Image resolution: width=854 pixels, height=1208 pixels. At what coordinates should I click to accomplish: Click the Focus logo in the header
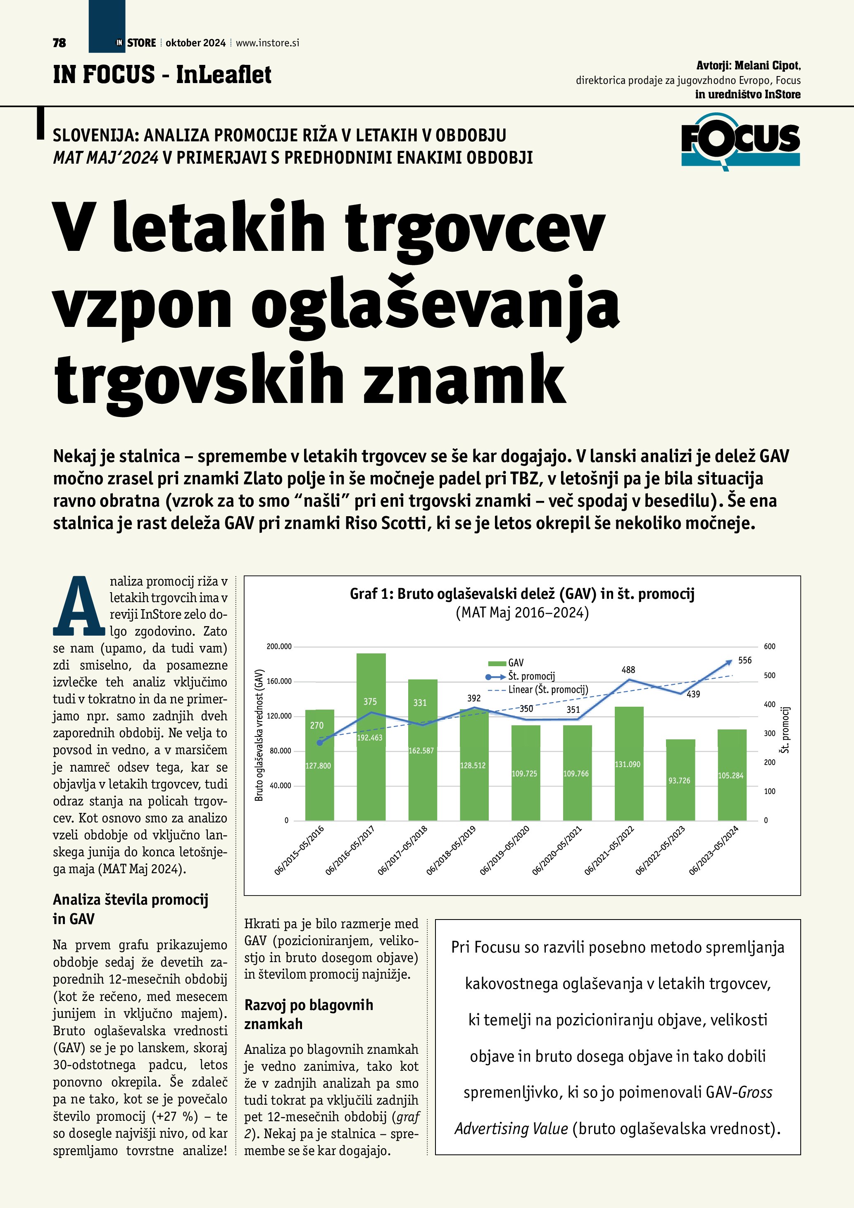740,141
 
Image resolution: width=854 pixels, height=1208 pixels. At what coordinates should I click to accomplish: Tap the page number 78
59,43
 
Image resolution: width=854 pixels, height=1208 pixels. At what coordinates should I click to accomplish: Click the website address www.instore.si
267,43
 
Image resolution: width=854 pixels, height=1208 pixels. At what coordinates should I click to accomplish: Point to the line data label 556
745,660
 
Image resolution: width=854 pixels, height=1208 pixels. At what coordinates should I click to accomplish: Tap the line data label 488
628,670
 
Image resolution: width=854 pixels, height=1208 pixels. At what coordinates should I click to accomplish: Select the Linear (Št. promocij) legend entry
542,690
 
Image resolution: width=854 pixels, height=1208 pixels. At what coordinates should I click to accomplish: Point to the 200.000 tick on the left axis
279,647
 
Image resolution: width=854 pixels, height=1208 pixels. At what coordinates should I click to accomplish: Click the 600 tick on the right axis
769,647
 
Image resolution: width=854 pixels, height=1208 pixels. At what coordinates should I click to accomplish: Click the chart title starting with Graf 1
522,594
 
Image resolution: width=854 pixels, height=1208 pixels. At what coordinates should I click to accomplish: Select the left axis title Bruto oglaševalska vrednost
259,735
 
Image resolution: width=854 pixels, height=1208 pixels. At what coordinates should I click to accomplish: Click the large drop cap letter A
79,606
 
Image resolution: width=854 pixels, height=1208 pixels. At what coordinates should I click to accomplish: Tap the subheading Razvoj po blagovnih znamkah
309,1014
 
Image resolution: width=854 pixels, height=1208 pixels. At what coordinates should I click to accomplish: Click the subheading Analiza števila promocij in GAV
131,909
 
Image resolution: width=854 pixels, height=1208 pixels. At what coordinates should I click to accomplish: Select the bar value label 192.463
370,738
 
